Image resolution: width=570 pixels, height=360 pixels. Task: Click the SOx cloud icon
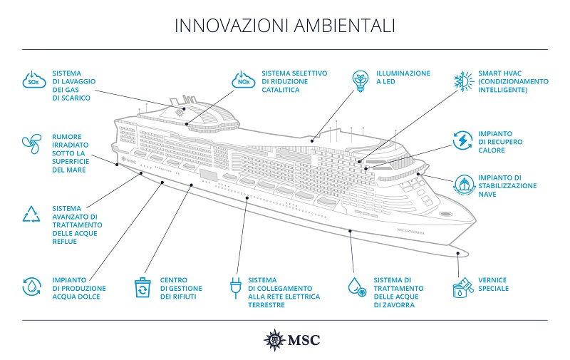pos(34,80)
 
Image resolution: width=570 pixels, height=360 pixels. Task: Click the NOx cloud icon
pos(244,80)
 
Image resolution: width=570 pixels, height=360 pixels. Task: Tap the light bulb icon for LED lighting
pos(361,81)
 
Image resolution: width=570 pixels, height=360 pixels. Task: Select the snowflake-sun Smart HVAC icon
pos(464,81)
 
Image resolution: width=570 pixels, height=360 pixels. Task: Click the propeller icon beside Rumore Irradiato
pos(32,143)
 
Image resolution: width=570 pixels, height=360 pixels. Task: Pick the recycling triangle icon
pos(31,214)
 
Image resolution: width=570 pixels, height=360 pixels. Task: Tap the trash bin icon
pos(142,287)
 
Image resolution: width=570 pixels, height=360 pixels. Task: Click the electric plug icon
pos(236,288)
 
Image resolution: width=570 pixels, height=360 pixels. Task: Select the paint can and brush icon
pos(463,287)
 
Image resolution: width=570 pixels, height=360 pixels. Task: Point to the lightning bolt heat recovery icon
pos(462,140)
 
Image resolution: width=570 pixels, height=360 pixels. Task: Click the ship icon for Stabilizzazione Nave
pos(465,185)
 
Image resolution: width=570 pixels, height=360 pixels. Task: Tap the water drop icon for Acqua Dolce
pos(31,287)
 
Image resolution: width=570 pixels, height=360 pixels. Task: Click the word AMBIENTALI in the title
pos(344,26)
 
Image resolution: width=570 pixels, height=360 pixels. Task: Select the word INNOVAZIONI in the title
pos(232,26)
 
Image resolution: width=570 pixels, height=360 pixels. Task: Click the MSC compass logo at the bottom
pos(274,340)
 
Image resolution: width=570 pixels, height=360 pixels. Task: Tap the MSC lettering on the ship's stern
pos(129,160)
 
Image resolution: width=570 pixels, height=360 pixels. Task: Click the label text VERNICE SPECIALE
pos(493,284)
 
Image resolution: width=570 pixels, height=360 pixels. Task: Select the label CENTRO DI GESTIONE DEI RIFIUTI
pos(181,289)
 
